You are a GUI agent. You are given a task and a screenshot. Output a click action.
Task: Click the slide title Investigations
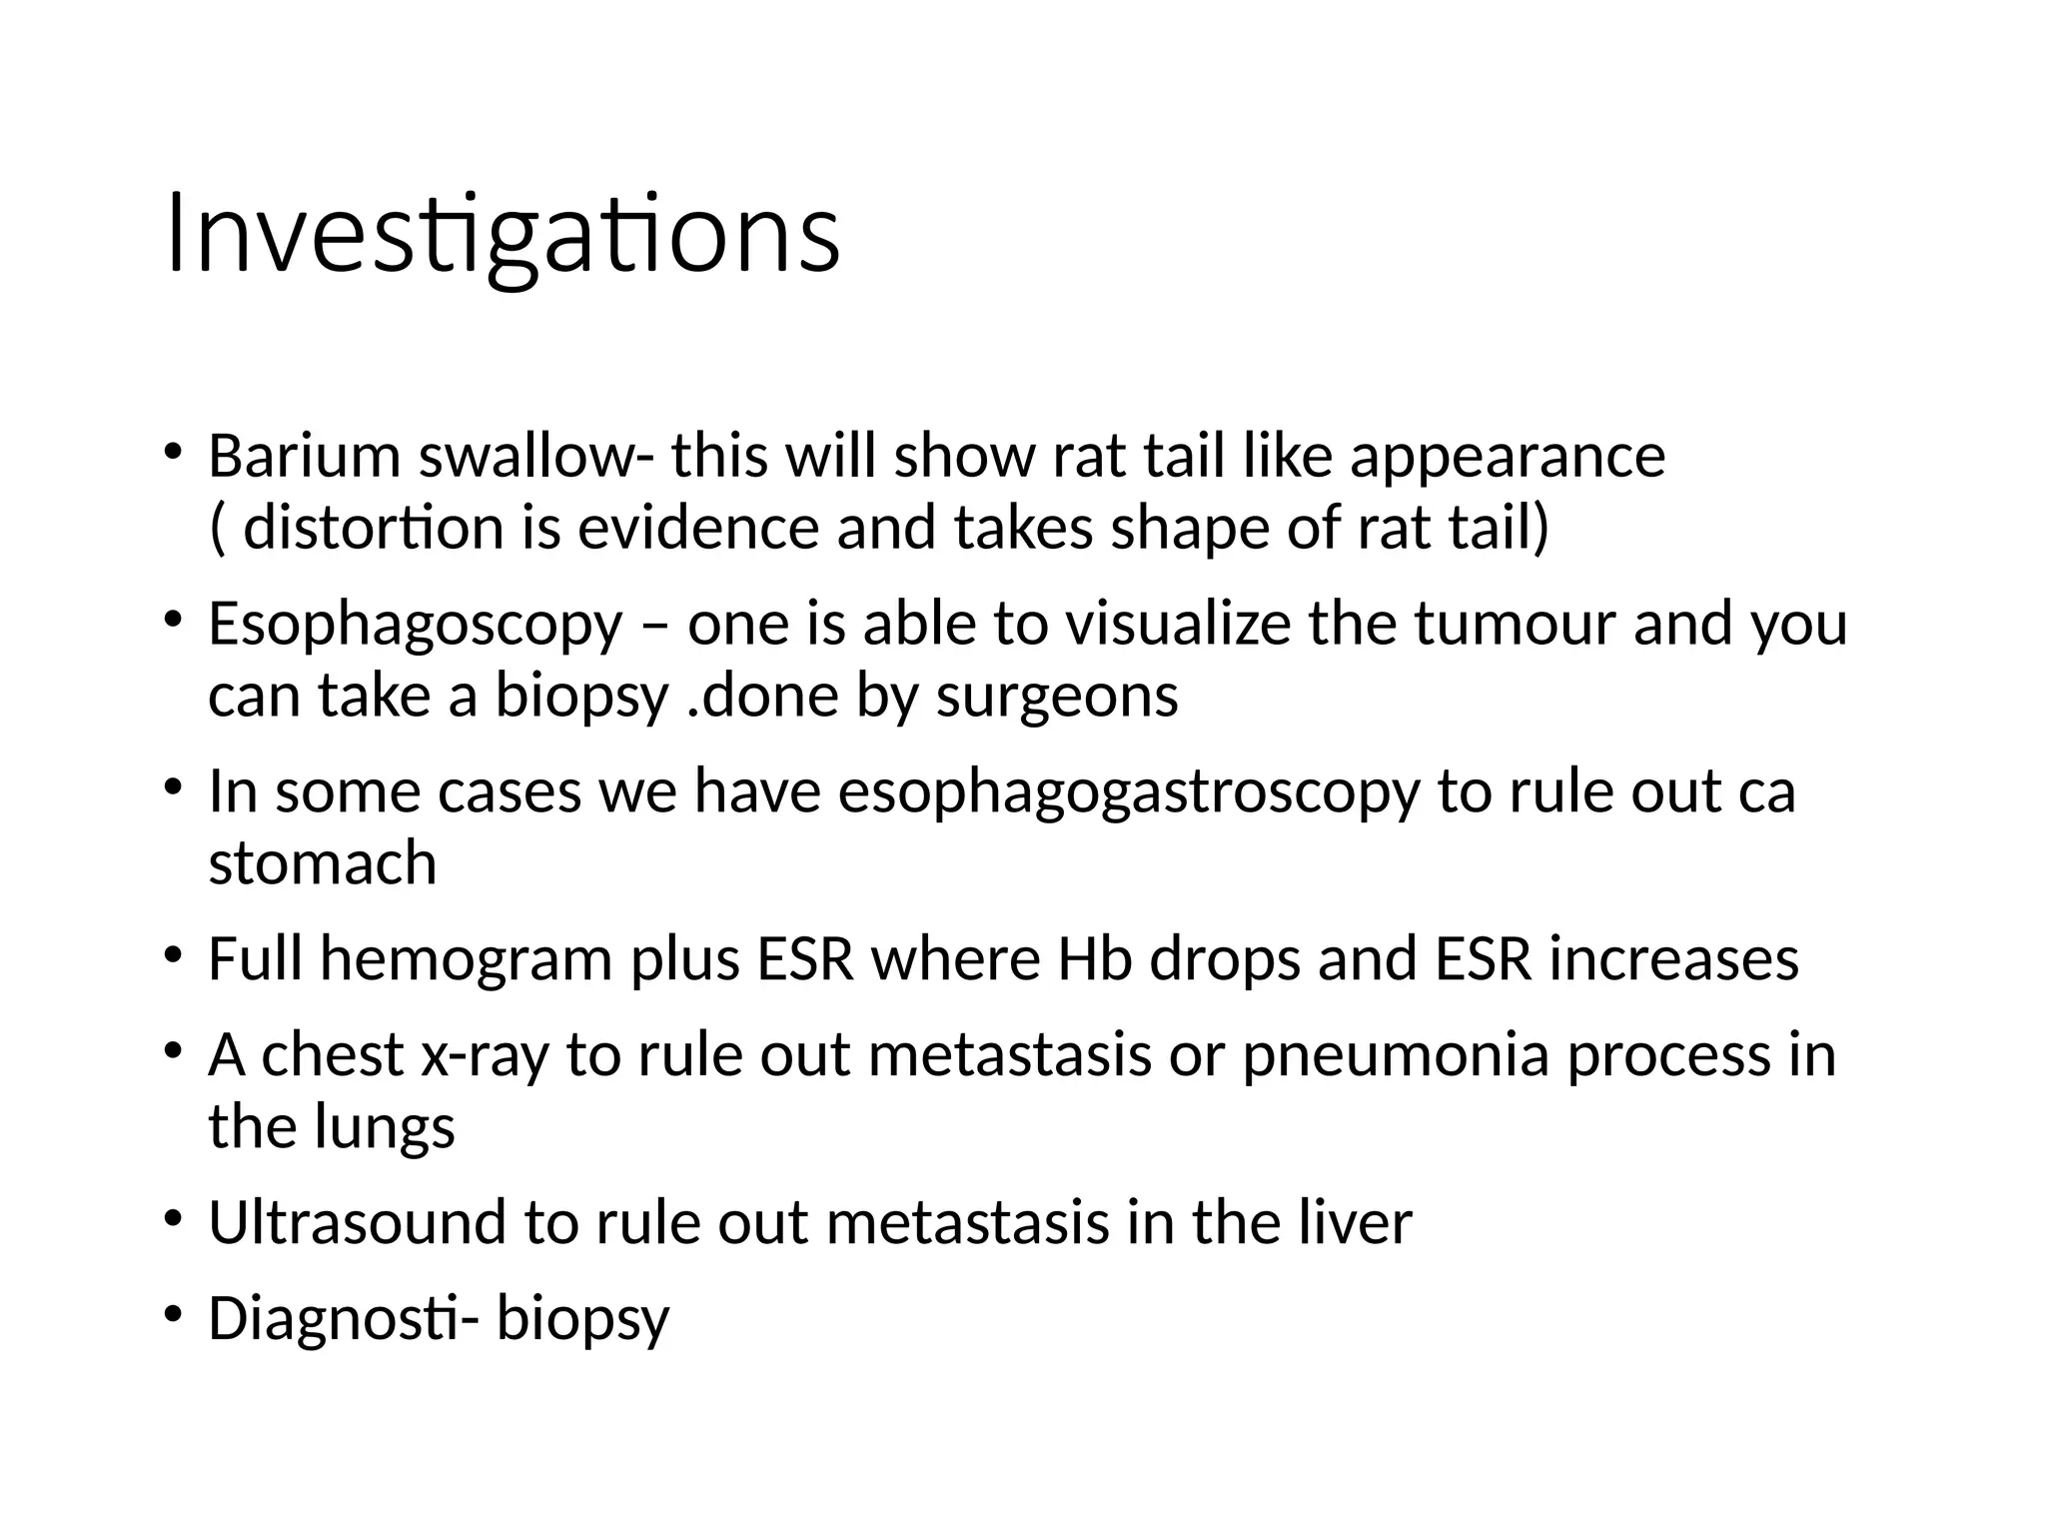[x=503, y=236]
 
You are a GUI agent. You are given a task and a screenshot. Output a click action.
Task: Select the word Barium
[x=303, y=457]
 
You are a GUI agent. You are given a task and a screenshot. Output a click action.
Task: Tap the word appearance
[x=1508, y=459]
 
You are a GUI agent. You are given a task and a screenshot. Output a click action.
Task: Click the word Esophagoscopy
[x=415, y=627]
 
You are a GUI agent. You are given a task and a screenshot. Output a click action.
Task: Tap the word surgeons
[x=1057, y=696]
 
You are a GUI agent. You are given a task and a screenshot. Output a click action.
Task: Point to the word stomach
[x=323, y=862]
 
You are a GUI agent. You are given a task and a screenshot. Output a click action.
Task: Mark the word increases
[x=1674, y=958]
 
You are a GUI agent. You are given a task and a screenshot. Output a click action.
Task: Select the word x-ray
[x=486, y=1056]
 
